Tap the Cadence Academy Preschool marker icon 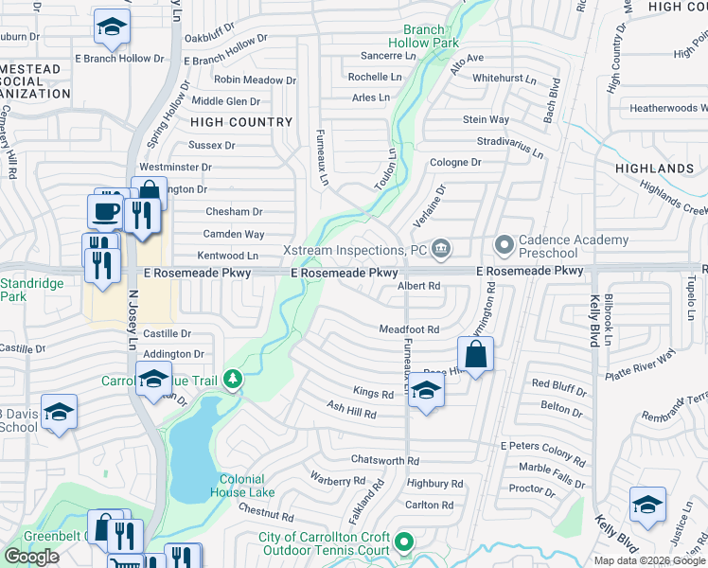tap(504, 245)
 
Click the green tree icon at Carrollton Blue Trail tap(233, 381)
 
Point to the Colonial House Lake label tap(247, 486)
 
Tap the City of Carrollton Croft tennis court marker tap(405, 542)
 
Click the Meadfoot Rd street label tap(410, 329)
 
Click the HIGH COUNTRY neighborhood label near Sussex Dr tap(241, 122)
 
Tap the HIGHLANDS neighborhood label tap(654, 169)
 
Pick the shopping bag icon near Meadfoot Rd tap(476, 356)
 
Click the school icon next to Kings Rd tap(426, 393)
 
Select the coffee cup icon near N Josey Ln tap(104, 211)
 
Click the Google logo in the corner tap(31, 557)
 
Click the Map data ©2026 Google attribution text tap(648, 560)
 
